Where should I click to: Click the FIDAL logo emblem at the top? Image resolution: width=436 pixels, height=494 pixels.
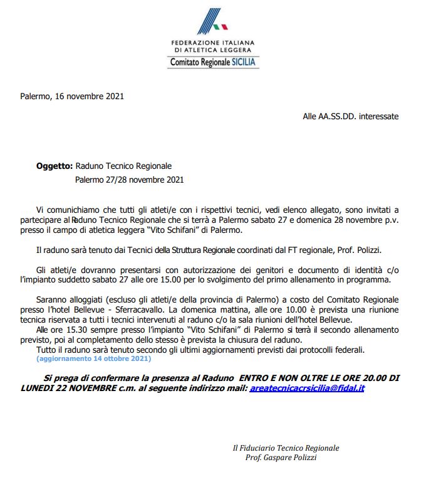[x=212, y=21]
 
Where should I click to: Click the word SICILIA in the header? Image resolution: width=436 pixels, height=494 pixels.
[x=244, y=62]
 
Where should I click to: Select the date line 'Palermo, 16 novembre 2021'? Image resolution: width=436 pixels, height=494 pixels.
[x=71, y=97]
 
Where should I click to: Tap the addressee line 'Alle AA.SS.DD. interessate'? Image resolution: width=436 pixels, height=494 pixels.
[x=350, y=117]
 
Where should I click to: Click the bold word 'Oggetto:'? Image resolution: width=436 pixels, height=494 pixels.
[x=54, y=166]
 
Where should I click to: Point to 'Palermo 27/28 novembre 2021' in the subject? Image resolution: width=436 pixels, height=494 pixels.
[x=129, y=180]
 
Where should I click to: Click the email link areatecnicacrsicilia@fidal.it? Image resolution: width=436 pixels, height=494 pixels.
[x=307, y=389]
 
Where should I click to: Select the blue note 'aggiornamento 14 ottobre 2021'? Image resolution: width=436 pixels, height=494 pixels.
[x=93, y=359]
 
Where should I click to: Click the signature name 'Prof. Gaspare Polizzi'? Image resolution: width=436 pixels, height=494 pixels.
[x=281, y=458]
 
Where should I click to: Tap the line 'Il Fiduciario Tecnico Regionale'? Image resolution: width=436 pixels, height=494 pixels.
[x=286, y=448]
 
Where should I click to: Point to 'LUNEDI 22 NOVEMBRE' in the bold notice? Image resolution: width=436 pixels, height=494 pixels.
[x=68, y=389]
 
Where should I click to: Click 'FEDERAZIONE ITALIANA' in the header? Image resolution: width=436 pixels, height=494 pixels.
[x=213, y=43]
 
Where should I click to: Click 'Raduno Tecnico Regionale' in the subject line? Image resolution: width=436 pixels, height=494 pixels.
[x=123, y=166]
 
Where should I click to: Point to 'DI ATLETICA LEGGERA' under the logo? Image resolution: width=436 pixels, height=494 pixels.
[x=213, y=50]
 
